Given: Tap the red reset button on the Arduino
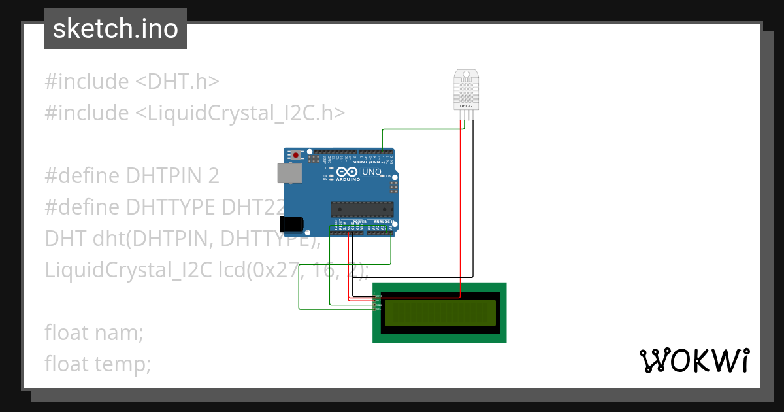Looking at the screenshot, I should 296,156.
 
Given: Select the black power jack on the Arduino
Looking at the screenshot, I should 292,224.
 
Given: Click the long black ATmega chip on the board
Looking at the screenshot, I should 362,209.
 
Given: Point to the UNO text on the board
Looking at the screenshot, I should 372,171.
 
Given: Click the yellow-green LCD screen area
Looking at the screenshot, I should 440,313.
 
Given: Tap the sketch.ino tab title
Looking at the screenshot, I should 116,29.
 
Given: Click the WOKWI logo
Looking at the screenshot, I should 694,361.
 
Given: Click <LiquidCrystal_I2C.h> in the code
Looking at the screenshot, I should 240,113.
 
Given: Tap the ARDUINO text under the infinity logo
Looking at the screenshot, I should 349,179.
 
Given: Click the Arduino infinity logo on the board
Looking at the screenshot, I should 348,172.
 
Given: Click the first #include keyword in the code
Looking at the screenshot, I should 87,82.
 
